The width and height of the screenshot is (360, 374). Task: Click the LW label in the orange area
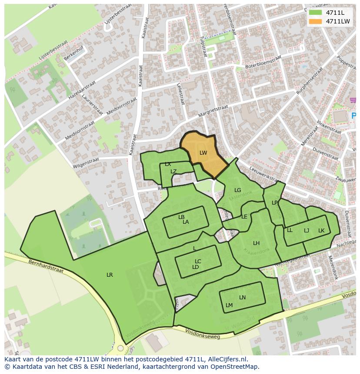pos(203,153)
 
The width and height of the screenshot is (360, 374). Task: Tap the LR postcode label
pos(110,275)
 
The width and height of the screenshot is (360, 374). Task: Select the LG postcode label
pos(237,190)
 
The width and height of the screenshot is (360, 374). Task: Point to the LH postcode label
pos(256,243)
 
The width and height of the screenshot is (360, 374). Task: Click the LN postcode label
pos(242,298)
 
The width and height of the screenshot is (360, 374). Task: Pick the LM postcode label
pos(229,305)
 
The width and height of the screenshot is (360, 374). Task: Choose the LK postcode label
pos(321,231)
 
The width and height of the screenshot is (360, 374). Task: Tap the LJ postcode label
pos(307,231)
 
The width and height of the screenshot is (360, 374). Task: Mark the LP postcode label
pos(274,203)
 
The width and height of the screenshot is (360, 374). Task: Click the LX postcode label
pos(168,164)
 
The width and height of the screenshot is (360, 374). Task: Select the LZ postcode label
pos(173,172)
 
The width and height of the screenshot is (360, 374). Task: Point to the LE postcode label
pos(244,217)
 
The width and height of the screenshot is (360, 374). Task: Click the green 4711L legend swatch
pos(316,13)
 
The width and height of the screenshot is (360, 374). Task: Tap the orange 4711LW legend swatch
pos(316,21)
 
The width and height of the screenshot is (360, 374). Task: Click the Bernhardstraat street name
pos(46,266)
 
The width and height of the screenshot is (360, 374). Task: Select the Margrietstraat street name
pos(213,111)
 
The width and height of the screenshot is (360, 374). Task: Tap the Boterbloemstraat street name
pos(261,64)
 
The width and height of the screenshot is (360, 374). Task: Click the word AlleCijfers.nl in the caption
pos(227,359)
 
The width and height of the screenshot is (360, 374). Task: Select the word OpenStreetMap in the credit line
pos(234,367)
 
